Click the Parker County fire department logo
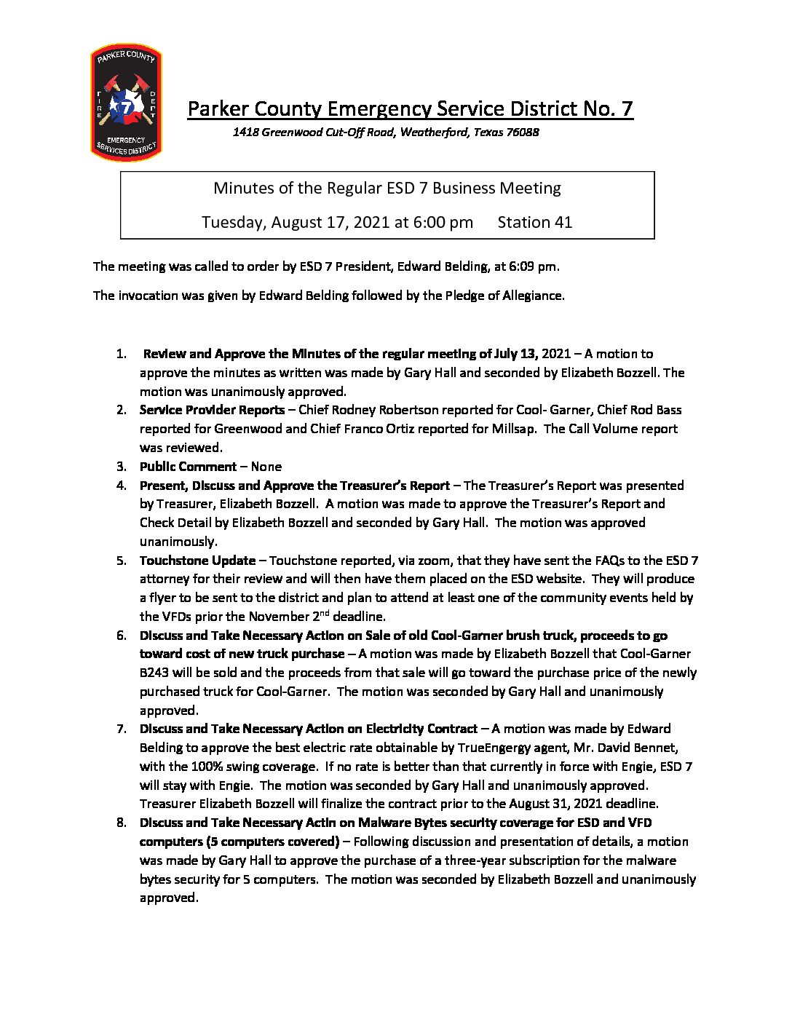click(x=125, y=102)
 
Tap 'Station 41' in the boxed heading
click(x=534, y=222)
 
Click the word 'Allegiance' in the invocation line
click(x=533, y=296)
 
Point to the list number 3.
click(x=121, y=467)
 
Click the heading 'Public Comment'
click(x=188, y=467)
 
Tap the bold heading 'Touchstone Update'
click(x=197, y=561)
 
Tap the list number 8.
click(x=121, y=823)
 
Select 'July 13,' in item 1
click(x=515, y=354)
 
